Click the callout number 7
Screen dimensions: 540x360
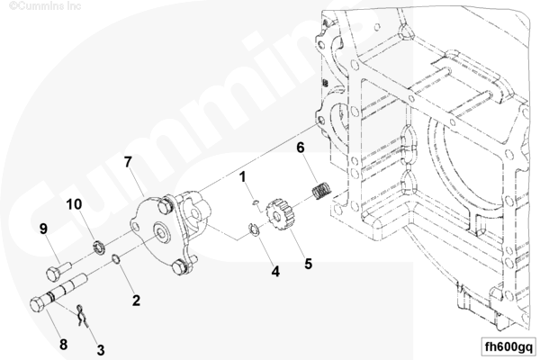(x=128, y=162)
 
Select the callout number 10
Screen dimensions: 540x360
(x=74, y=204)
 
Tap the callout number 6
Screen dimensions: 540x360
(x=301, y=148)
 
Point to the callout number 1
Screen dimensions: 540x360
(x=243, y=177)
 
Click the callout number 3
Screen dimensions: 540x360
(x=101, y=350)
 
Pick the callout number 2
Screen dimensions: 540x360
(x=137, y=301)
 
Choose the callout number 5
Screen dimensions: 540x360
(x=308, y=264)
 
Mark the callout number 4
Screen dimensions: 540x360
(x=275, y=272)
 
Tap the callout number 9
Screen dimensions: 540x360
(x=43, y=229)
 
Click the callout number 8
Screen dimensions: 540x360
(x=63, y=345)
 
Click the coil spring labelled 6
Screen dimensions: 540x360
(x=321, y=191)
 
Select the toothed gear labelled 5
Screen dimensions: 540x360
(x=281, y=215)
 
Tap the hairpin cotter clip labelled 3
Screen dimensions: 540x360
(x=82, y=315)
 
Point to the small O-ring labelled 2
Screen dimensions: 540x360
(x=116, y=259)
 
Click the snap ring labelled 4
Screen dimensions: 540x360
(x=254, y=230)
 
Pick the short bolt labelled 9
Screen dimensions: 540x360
(x=58, y=271)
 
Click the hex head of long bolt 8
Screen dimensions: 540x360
(x=38, y=303)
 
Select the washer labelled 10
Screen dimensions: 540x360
(x=99, y=248)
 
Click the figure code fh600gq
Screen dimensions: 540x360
(x=509, y=346)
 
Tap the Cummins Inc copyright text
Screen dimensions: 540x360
(x=45, y=6)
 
